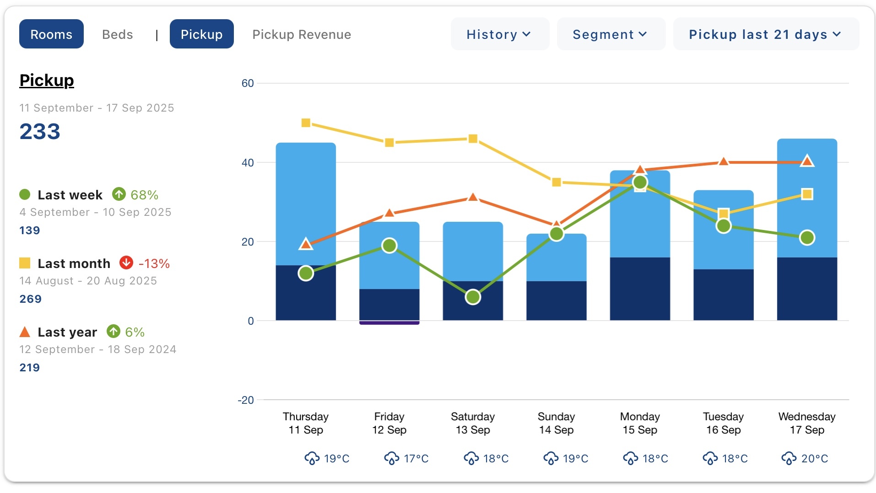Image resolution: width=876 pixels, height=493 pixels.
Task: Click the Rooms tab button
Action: (51, 34)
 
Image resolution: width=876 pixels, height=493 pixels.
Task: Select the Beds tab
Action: (118, 34)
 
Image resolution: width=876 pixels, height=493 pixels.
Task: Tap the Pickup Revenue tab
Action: (302, 34)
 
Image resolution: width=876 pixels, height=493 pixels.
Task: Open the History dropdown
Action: (499, 34)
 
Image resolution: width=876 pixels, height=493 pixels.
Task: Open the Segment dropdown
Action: (610, 34)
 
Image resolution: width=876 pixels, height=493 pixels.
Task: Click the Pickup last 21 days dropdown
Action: (765, 34)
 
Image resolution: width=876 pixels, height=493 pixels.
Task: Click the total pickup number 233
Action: (40, 132)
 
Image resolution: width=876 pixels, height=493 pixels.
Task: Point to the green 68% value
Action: (144, 195)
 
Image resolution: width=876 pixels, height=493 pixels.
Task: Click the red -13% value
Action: (154, 264)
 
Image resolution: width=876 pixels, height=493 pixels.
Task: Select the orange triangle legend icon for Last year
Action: (25, 332)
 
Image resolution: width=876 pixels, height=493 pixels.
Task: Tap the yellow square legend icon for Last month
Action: (25, 263)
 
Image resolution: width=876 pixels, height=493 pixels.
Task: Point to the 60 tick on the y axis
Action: (248, 83)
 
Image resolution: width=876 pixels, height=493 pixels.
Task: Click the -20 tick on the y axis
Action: (246, 400)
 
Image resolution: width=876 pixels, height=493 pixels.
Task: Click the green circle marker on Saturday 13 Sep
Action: (473, 297)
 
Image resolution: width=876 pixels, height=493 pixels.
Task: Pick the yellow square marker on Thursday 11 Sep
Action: (306, 123)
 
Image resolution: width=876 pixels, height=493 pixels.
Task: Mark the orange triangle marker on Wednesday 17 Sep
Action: (807, 161)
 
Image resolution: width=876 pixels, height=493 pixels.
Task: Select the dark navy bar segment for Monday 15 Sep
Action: (640, 289)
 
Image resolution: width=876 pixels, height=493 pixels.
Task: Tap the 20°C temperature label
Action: (814, 459)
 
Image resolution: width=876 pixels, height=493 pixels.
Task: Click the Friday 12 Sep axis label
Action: (389, 423)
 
